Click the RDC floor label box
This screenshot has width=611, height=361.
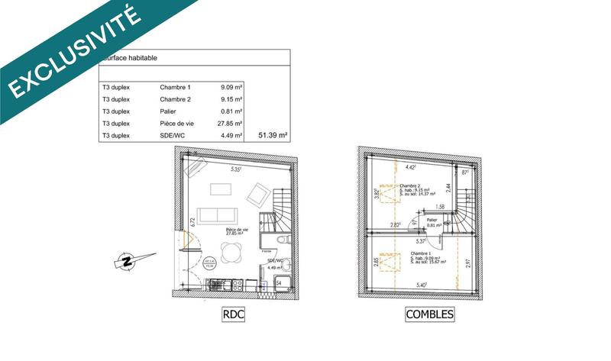pyautogui.click(x=232, y=314)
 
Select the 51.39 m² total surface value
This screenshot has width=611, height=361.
pyautogui.click(x=273, y=136)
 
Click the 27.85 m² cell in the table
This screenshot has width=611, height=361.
pyautogui.click(x=230, y=124)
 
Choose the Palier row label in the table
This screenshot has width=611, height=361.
pyautogui.click(x=167, y=111)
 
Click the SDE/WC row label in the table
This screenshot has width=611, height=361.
pyautogui.click(x=173, y=136)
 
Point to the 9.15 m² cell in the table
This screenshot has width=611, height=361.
pyautogui.click(x=230, y=99)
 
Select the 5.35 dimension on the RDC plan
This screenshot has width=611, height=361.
pyautogui.click(x=237, y=169)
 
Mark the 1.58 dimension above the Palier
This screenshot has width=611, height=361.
pyautogui.click(x=440, y=206)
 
